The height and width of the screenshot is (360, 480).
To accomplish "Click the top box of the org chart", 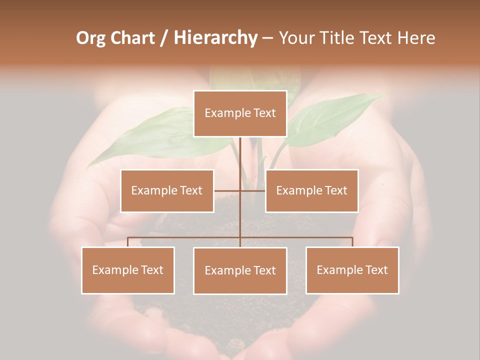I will click(x=240, y=113).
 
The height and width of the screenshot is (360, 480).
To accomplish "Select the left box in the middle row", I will click(x=167, y=190).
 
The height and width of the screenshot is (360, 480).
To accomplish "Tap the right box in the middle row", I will click(x=311, y=190).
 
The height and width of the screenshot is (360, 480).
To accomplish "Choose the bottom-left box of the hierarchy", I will click(x=128, y=270).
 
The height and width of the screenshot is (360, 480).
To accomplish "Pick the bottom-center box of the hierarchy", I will click(x=240, y=270).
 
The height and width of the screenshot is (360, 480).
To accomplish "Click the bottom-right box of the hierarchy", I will click(x=352, y=270).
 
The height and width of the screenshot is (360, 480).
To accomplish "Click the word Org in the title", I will click(x=92, y=38).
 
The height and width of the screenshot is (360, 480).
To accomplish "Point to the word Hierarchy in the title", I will click(x=215, y=38).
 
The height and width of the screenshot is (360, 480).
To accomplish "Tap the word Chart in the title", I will click(x=133, y=38).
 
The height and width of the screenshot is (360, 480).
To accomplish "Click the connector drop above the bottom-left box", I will click(x=128, y=242).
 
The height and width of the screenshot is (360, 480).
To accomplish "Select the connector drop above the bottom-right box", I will click(x=352, y=242).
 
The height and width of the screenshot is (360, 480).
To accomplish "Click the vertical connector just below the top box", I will click(x=240, y=150).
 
